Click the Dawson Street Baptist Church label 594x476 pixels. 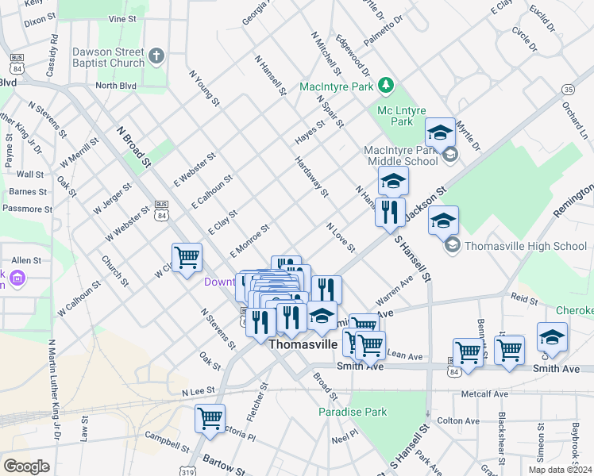click(108, 57)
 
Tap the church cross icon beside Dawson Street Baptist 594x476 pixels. click(156, 56)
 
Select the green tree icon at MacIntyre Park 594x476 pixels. click(386, 84)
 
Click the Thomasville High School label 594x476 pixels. click(525, 246)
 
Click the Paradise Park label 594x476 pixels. click(353, 412)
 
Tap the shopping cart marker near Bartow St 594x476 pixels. click(210, 419)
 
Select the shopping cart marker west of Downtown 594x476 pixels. click(187, 257)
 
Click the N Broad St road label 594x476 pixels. click(133, 147)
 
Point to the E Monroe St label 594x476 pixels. click(250, 240)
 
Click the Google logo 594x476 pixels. click(26, 466)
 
